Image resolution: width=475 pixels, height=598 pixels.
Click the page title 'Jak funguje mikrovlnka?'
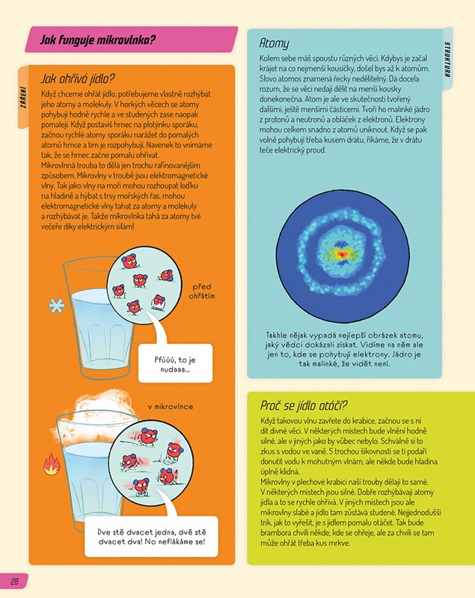coord(98,40)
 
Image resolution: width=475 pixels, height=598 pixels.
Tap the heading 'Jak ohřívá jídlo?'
coord(78,79)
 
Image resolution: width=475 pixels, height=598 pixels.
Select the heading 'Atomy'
coord(274,43)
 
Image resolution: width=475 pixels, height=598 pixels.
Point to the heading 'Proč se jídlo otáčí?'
coord(304,405)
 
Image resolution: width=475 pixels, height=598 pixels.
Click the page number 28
coord(14,582)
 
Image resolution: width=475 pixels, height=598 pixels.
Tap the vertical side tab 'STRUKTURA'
coord(447,60)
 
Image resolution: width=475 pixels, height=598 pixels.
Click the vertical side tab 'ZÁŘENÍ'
coord(24,97)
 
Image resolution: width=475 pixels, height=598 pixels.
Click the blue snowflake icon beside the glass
coord(56,306)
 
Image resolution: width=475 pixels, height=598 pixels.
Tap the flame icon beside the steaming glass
coord(52,464)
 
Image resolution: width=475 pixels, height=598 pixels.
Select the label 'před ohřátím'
coord(202,292)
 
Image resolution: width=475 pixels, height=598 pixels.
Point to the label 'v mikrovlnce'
coord(171,407)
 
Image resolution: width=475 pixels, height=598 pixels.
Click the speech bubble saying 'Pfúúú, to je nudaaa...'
coord(175,363)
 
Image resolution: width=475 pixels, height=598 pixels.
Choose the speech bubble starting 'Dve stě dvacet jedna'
coord(151,536)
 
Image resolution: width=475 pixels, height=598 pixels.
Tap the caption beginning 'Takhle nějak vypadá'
coord(344,349)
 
